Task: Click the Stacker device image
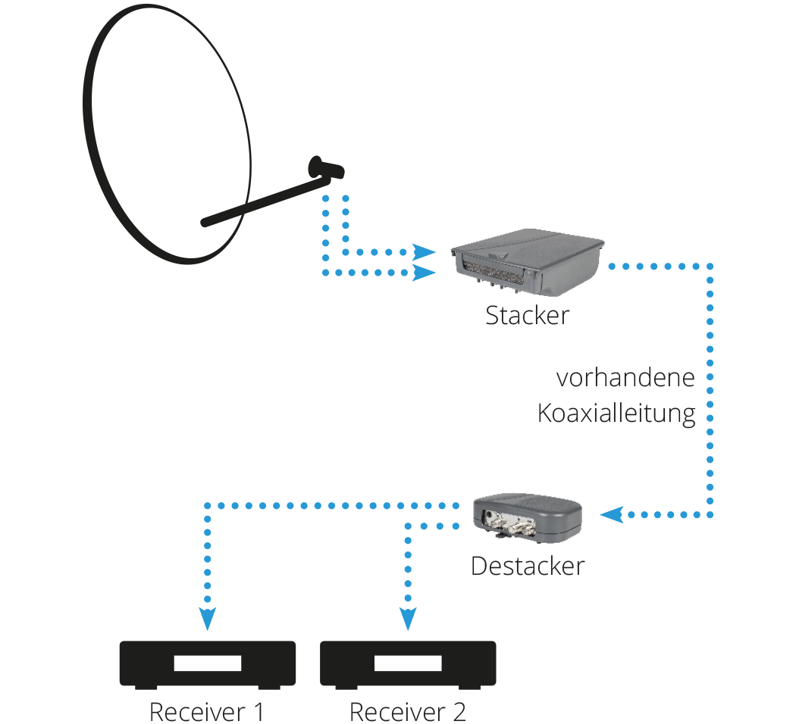[527, 261]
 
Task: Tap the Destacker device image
[528, 518]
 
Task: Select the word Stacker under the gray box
[528, 315]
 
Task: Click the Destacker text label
[528, 566]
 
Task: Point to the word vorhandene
[625, 378]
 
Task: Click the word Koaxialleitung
[616, 413]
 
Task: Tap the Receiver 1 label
[207, 712]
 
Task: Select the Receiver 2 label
[408, 712]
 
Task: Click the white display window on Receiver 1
[208, 663]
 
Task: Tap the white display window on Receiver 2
[408, 663]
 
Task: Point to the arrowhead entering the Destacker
[612, 515]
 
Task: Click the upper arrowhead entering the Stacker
[424, 252]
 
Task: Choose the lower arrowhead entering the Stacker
[424, 273]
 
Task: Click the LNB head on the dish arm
[325, 168]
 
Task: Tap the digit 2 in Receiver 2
[459, 712]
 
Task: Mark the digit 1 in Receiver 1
[259, 712]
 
